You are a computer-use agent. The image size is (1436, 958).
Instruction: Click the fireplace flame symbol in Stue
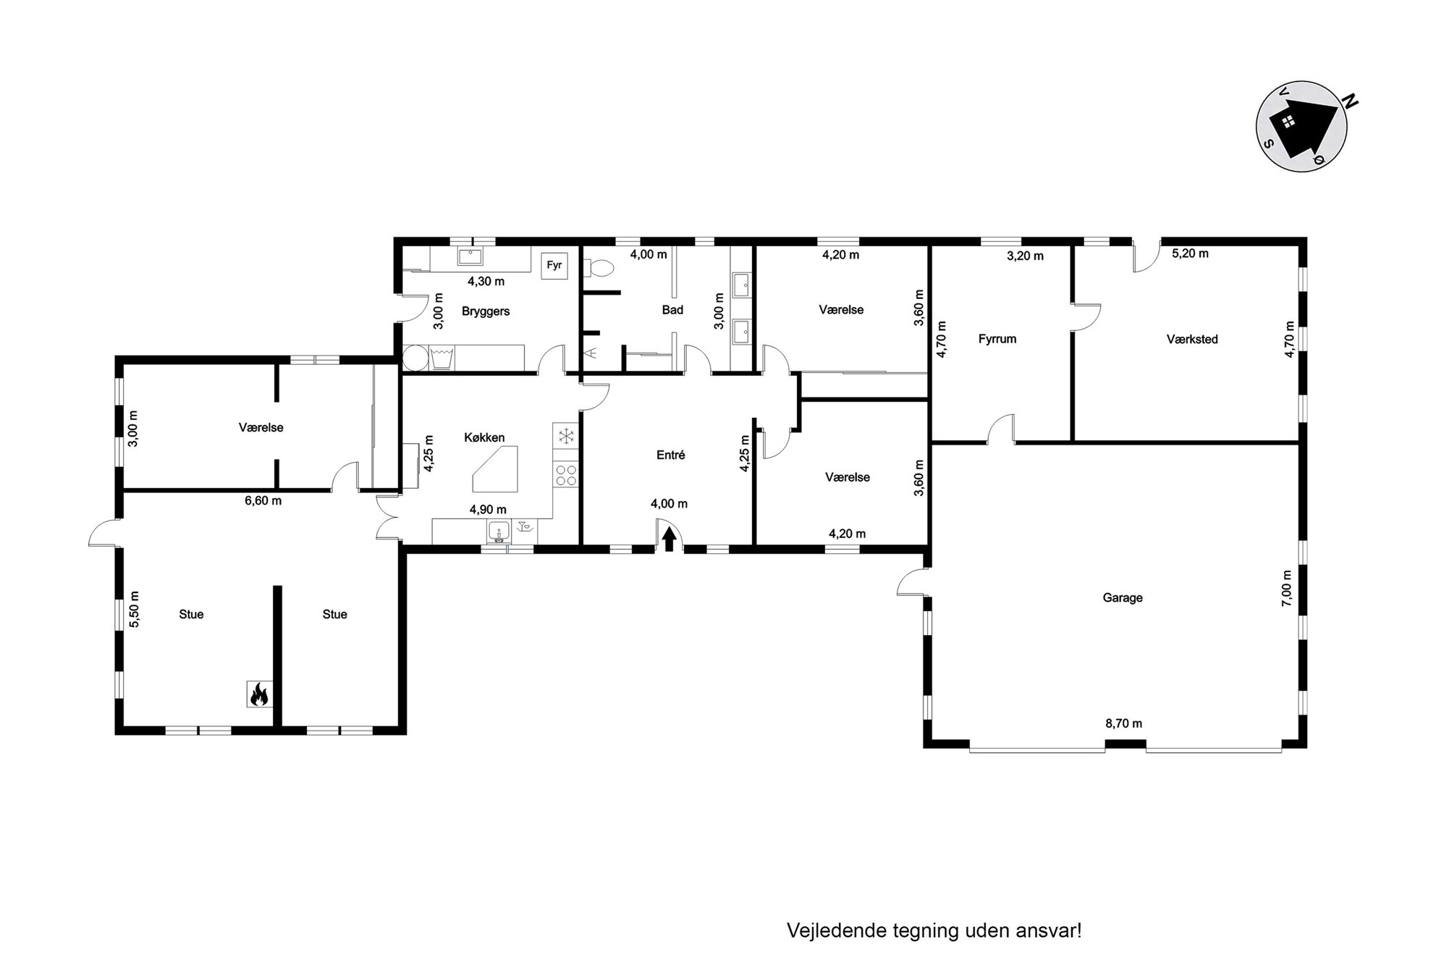(x=258, y=694)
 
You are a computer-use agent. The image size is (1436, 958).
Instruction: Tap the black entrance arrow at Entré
(x=670, y=539)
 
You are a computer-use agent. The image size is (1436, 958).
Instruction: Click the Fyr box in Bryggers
(x=554, y=266)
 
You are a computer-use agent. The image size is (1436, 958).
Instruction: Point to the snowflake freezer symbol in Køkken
(x=565, y=436)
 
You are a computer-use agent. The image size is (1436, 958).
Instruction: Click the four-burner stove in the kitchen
(x=565, y=475)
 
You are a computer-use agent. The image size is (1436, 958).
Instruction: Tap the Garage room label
(x=1123, y=598)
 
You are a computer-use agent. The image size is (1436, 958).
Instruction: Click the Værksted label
(x=1192, y=339)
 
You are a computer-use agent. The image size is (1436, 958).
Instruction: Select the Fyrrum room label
(x=997, y=339)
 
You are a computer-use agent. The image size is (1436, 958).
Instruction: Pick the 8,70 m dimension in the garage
(x=1124, y=723)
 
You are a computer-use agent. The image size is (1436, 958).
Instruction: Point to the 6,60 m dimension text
(x=263, y=500)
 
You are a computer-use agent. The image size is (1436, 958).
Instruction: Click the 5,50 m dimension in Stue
(x=134, y=609)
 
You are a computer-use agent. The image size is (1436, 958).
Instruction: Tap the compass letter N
(x=1350, y=101)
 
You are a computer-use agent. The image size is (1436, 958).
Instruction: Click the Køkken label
(x=484, y=438)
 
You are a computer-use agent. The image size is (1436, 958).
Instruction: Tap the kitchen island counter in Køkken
(x=496, y=469)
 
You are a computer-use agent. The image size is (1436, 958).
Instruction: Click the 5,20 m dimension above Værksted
(x=1191, y=253)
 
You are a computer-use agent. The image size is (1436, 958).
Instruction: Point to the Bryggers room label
(x=486, y=311)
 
